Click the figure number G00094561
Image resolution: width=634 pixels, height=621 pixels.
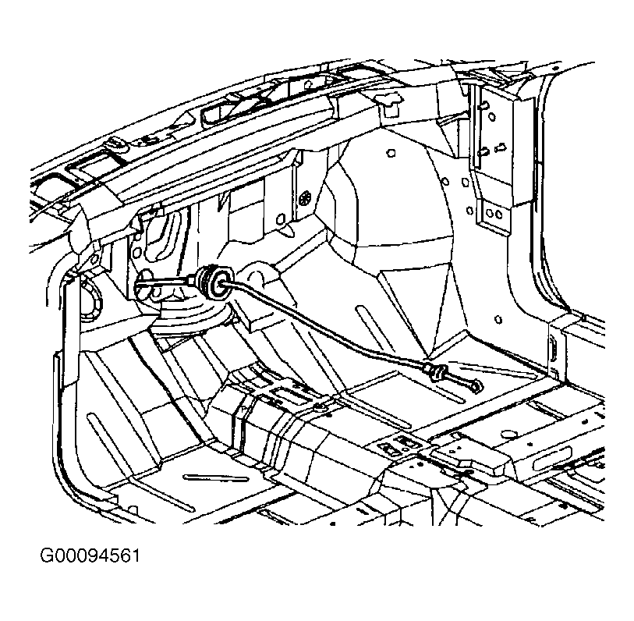click(90, 555)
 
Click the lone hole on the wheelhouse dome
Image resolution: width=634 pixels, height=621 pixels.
click(391, 153)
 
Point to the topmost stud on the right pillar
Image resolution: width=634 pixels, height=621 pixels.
click(483, 105)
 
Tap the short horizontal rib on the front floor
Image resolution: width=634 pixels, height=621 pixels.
click(216, 477)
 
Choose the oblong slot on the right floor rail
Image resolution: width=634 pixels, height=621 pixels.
click(552, 459)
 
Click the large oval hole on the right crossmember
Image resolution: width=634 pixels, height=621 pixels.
click(508, 435)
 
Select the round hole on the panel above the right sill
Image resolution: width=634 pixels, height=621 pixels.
click(498, 320)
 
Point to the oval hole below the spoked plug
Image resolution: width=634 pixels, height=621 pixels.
click(279, 219)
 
